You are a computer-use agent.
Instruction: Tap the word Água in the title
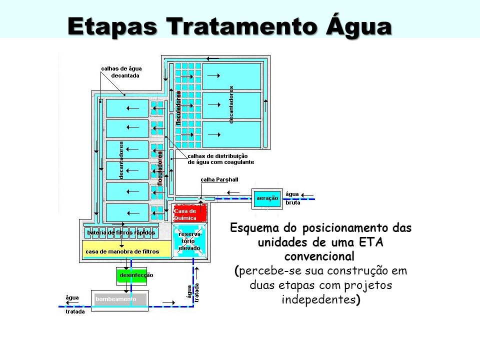click(x=357, y=26)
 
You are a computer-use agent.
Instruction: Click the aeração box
click(x=267, y=198)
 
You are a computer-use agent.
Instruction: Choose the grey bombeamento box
click(x=119, y=299)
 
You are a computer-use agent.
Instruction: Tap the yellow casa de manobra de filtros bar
click(x=122, y=251)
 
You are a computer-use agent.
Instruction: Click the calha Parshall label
click(x=219, y=179)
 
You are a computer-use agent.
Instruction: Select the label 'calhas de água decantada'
click(x=121, y=72)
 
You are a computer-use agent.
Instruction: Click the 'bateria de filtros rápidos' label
click(x=121, y=233)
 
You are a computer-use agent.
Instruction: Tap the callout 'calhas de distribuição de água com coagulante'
click(x=220, y=159)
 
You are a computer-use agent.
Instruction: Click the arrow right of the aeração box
click(x=308, y=195)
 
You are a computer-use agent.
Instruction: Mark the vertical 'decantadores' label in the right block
click(x=231, y=104)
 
